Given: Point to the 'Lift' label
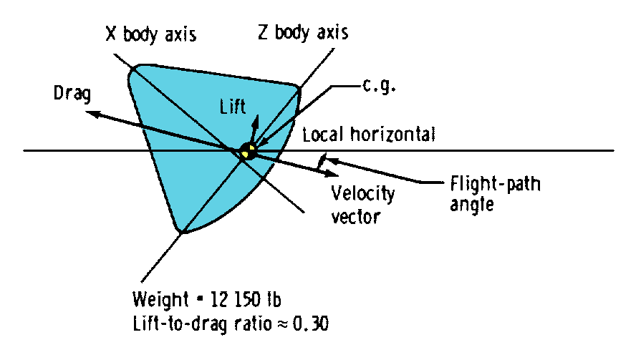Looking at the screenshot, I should (x=232, y=106).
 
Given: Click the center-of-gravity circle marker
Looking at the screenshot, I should (x=248, y=151).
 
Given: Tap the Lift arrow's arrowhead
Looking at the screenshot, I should (x=256, y=119).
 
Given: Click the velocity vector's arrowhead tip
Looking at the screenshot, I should (x=320, y=170).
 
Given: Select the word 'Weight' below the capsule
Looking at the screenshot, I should (x=155, y=298).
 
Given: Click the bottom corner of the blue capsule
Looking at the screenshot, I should (x=182, y=233).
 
